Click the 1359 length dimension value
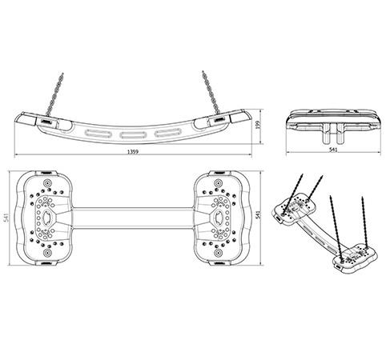[133, 152]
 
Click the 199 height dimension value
[258, 126]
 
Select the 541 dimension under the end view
[333, 150]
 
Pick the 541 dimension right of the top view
[258, 214]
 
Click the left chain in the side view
[54, 94]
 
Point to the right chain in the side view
[211, 92]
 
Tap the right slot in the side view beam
[168, 132]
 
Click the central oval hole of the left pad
[47, 217]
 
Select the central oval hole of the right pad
[219, 217]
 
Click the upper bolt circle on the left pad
[47, 183]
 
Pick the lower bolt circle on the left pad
[47, 253]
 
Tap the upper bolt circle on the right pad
[218, 183]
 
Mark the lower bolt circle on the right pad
[218, 253]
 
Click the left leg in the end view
[326, 133]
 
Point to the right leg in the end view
[340, 133]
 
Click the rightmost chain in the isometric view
[365, 222]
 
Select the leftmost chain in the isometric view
[293, 194]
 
